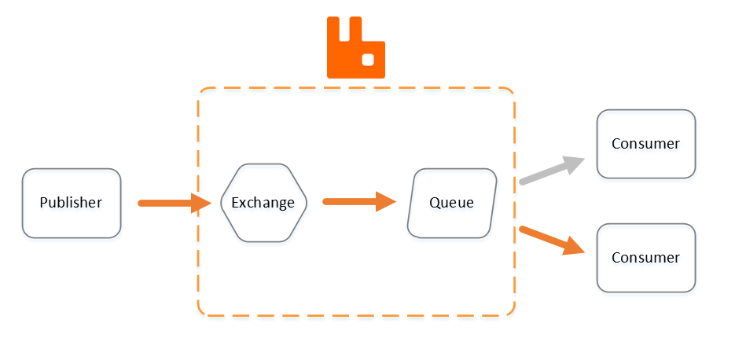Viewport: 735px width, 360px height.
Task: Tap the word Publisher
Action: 72,203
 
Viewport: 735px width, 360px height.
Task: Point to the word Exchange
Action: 264,203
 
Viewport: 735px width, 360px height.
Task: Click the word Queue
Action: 452,203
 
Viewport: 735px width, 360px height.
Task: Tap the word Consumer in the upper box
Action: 646,144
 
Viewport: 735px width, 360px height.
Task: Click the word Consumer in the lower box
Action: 646,258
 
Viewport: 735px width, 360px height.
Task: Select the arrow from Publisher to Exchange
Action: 169,204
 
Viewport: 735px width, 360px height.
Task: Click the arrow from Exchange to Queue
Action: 354,201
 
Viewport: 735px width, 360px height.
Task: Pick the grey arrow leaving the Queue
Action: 546,171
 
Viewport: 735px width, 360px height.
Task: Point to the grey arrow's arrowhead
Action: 574,163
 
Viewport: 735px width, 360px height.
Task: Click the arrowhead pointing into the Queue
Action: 384,201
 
